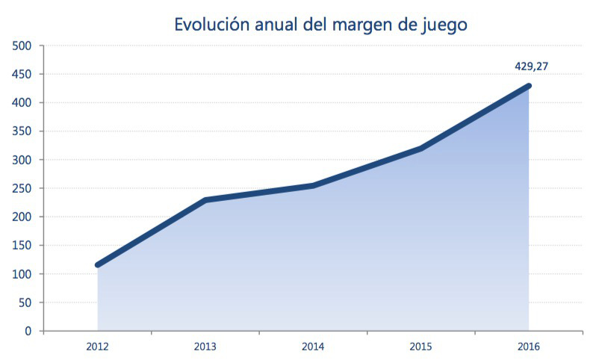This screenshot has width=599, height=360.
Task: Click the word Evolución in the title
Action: click(211, 25)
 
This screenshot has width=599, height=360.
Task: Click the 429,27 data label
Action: click(532, 66)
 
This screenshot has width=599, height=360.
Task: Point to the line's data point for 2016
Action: click(529, 86)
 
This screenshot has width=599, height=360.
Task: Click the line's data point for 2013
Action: click(205, 200)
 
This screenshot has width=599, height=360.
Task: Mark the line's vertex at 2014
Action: click(313, 185)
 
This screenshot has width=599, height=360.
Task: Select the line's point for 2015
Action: click(421, 149)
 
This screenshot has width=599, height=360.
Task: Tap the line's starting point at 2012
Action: click(98, 265)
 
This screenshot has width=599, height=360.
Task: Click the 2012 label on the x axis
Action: click(97, 347)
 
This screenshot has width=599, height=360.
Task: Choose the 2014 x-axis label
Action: click(313, 347)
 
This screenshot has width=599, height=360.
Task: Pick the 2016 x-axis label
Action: click(528, 347)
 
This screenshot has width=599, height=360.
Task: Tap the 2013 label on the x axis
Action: click(205, 347)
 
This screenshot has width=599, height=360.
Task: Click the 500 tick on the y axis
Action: click(22, 46)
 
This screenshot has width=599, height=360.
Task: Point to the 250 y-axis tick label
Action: click(22, 188)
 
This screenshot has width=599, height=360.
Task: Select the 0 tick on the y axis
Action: click(28, 331)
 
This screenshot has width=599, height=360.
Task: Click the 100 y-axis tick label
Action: click(22, 274)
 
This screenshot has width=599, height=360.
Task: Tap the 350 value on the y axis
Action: click(22, 131)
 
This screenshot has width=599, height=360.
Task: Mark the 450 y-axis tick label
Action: click(22, 75)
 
